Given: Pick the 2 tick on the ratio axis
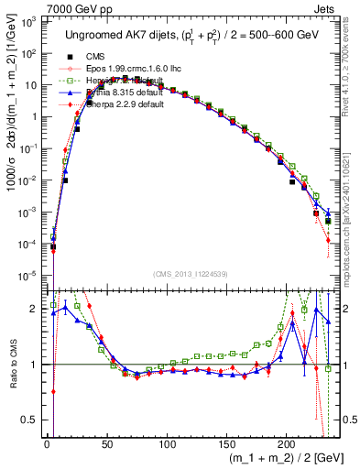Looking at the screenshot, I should point(34,309).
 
